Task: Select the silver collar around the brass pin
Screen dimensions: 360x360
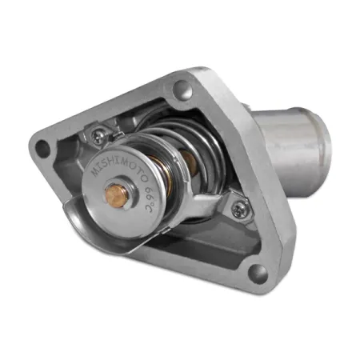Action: (x=127, y=200)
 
